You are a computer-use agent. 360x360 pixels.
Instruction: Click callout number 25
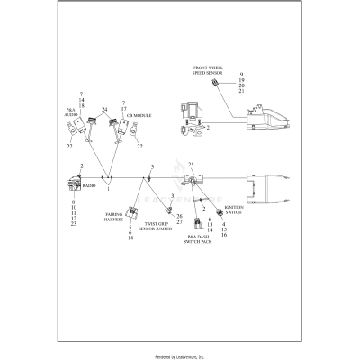191,166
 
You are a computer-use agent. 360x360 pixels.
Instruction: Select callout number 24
104,110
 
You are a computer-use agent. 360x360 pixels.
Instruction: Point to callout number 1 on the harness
109,189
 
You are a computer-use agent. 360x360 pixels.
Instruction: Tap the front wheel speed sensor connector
215,84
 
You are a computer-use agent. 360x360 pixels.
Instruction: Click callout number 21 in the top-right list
242,92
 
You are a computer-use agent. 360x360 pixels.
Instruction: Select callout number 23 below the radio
72,223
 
